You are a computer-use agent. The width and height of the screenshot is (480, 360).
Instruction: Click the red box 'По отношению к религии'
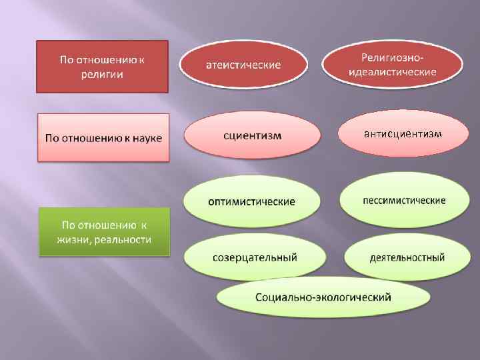tap(102, 66)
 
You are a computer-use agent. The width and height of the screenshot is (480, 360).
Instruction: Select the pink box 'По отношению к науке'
tap(103, 137)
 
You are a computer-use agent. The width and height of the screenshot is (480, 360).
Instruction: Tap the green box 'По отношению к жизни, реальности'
tap(105, 231)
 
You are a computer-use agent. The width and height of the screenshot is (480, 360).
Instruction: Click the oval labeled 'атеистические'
tap(242, 65)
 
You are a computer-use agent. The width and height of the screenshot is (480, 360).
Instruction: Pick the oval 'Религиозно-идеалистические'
tap(393, 65)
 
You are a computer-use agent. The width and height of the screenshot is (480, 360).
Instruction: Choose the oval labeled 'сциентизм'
tap(252, 135)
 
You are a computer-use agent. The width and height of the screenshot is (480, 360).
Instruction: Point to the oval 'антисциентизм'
tap(402, 133)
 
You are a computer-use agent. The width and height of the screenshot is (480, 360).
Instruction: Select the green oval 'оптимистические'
tap(251, 201)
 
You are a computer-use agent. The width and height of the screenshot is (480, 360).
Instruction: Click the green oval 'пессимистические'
tap(404, 200)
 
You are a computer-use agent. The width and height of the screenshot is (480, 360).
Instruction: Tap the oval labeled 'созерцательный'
tap(255, 257)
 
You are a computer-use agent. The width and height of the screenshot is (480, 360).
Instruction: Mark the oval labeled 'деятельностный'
tap(407, 257)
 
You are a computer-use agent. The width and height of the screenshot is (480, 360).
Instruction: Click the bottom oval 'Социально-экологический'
tap(323, 296)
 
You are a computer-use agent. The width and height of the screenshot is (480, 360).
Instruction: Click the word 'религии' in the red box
tap(102, 74)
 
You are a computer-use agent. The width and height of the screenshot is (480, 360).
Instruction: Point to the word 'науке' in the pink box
tap(147, 138)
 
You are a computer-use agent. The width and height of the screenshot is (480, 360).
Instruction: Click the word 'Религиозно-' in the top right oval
tap(393, 58)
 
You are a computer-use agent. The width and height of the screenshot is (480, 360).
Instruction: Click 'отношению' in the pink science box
tap(87, 138)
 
